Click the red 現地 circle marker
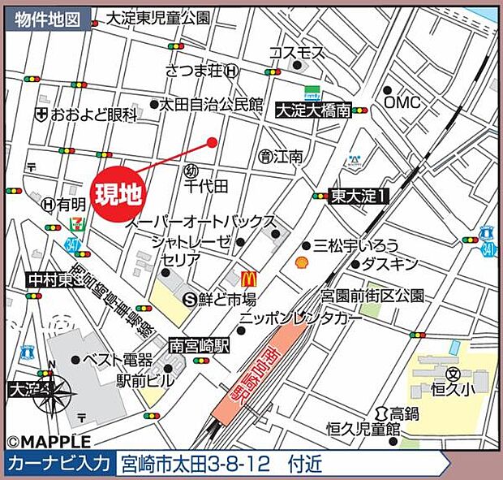click(118, 192)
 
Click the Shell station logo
click(300, 263)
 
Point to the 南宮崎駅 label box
click(200, 345)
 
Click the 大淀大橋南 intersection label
click(313, 110)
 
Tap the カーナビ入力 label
click(58, 464)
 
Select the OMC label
click(402, 102)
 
